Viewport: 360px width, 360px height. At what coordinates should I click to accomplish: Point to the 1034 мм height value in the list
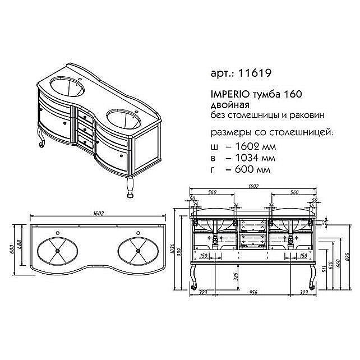point(250,158)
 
